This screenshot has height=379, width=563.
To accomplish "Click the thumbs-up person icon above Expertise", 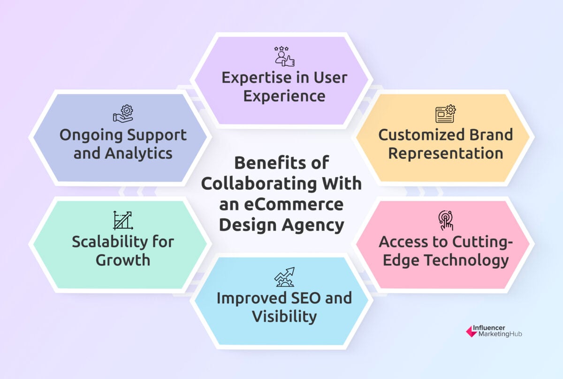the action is coord(284,56).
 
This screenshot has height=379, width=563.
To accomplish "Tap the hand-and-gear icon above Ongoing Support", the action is coord(123,114).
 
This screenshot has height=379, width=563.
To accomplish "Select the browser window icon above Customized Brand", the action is coord(445,114).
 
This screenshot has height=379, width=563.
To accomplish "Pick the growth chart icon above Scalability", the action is coord(123,220).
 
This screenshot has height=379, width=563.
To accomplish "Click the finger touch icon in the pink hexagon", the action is coord(445,220).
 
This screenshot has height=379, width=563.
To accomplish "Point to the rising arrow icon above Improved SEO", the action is coord(284,277).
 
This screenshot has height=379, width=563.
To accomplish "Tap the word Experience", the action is coord(284,96).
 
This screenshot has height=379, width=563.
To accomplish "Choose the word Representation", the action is coord(445,153).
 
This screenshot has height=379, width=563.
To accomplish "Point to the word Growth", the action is coord(123,260).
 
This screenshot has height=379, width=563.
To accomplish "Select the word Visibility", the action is coord(284,317).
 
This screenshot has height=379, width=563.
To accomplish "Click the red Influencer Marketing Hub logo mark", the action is coord(471,331).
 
